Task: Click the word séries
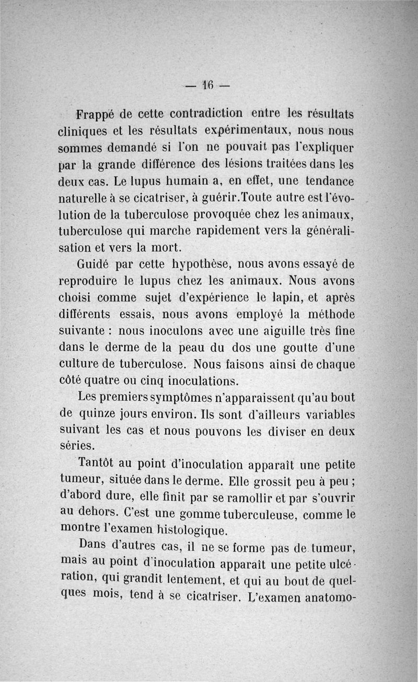pyautogui.click(x=77, y=445)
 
